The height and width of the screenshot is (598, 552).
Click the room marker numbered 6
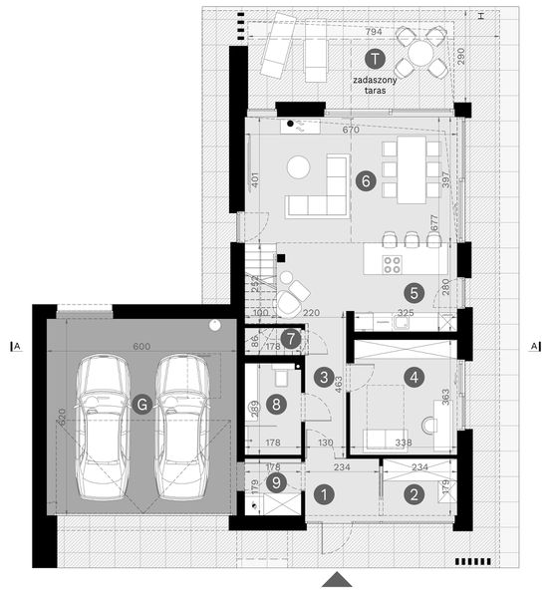click(x=366, y=182)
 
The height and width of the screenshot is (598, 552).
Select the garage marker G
click(x=144, y=404)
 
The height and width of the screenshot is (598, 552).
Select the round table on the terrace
click(x=422, y=52)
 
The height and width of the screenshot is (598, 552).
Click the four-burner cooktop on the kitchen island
click(x=392, y=264)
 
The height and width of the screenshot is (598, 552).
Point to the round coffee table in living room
click(x=300, y=168)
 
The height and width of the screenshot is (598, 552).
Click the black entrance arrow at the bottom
click(x=338, y=581)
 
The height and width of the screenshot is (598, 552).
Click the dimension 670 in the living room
click(x=350, y=131)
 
